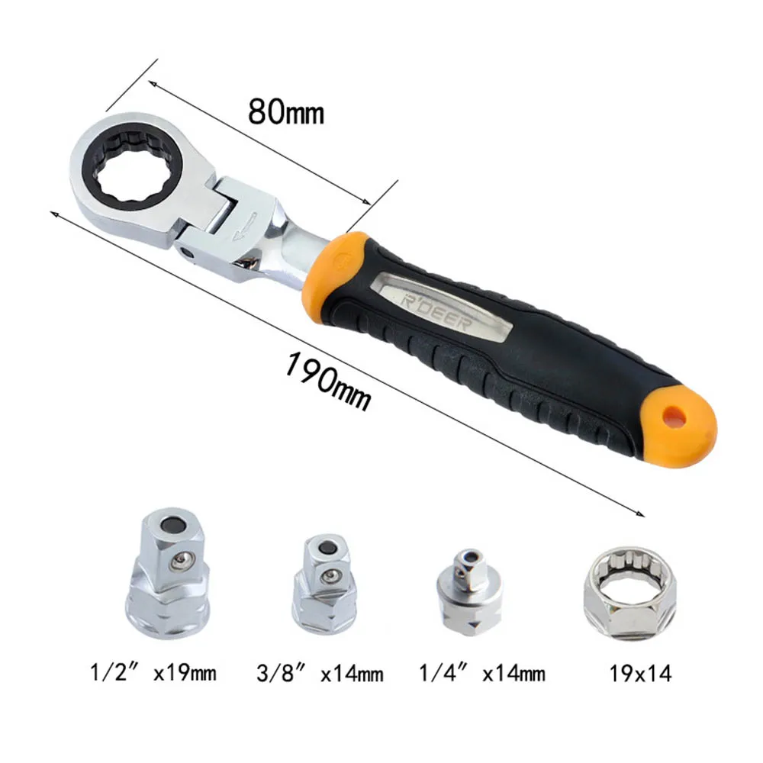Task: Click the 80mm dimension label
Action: point(286,112)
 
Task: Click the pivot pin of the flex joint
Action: point(186,253)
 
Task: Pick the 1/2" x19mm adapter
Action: point(167,574)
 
